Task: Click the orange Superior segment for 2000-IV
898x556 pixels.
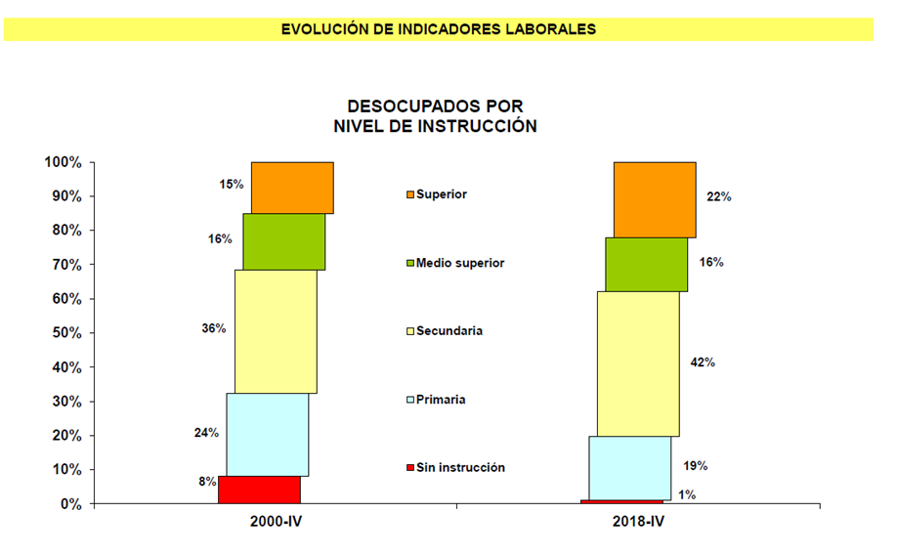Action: [x=292, y=188]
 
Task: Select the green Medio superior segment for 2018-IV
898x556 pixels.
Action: [x=646, y=264]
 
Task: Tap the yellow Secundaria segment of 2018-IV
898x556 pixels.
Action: [x=638, y=364]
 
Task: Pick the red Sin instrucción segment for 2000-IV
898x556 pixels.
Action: [x=259, y=490]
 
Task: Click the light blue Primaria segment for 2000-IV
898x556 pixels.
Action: [x=268, y=435]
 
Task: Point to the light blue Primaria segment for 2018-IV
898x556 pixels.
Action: [x=629, y=467]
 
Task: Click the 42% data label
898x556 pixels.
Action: [x=703, y=363]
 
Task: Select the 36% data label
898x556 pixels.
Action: [x=214, y=328]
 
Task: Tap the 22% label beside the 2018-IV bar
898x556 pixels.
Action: [x=719, y=196]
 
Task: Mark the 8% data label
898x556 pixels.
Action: [x=207, y=482]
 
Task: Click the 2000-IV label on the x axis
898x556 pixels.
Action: [x=276, y=524]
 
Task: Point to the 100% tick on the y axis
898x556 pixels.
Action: [x=63, y=162]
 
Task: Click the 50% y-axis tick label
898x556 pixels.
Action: [x=66, y=333]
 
